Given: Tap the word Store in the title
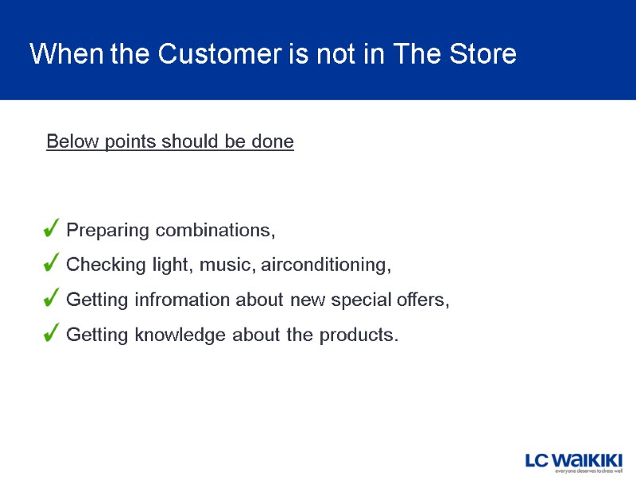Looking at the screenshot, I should point(483,55).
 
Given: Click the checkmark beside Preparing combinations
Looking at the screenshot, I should point(50,230).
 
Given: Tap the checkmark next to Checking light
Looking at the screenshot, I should point(50,263).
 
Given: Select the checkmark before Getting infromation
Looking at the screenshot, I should point(50,299).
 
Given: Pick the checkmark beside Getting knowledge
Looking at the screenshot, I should point(50,334).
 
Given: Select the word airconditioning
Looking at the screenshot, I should point(327,265).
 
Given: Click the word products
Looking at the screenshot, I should point(358,335).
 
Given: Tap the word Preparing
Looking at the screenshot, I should point(108,231).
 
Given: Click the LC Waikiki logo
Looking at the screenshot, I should point(572,460).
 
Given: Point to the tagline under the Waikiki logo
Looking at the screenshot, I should point(588,471).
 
